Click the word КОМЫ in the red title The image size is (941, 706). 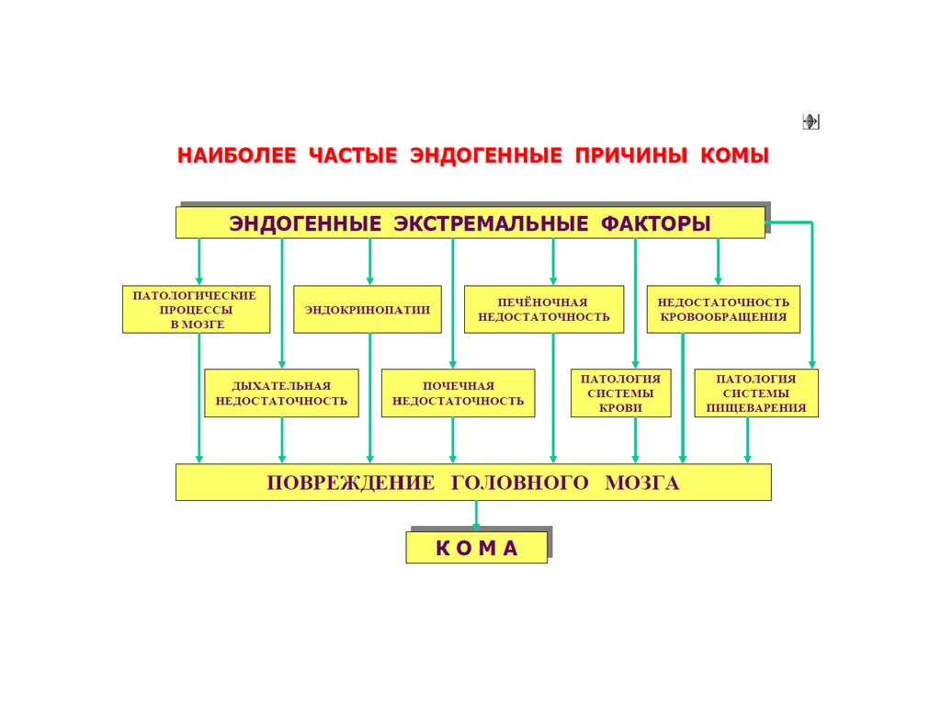point(734,155)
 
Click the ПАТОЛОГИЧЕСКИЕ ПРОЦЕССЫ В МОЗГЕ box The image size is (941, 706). point(196,310)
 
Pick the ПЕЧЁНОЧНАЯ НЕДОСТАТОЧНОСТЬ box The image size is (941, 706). point(544,310)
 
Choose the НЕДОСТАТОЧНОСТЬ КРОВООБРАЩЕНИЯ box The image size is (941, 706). point(723,310)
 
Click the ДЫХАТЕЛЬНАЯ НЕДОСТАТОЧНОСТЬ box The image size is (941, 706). point(281,393)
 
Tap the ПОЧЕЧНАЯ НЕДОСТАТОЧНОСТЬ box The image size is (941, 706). point(458,393)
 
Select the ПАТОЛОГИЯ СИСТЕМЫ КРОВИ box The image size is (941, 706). point(621,393)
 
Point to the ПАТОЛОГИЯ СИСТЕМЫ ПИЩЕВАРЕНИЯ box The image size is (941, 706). point(756,393)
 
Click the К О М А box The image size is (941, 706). point(476,549)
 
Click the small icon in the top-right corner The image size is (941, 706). point(811,121)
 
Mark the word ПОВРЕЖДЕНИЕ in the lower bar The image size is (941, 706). point(350,484)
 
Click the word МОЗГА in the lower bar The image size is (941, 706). point(642,484)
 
